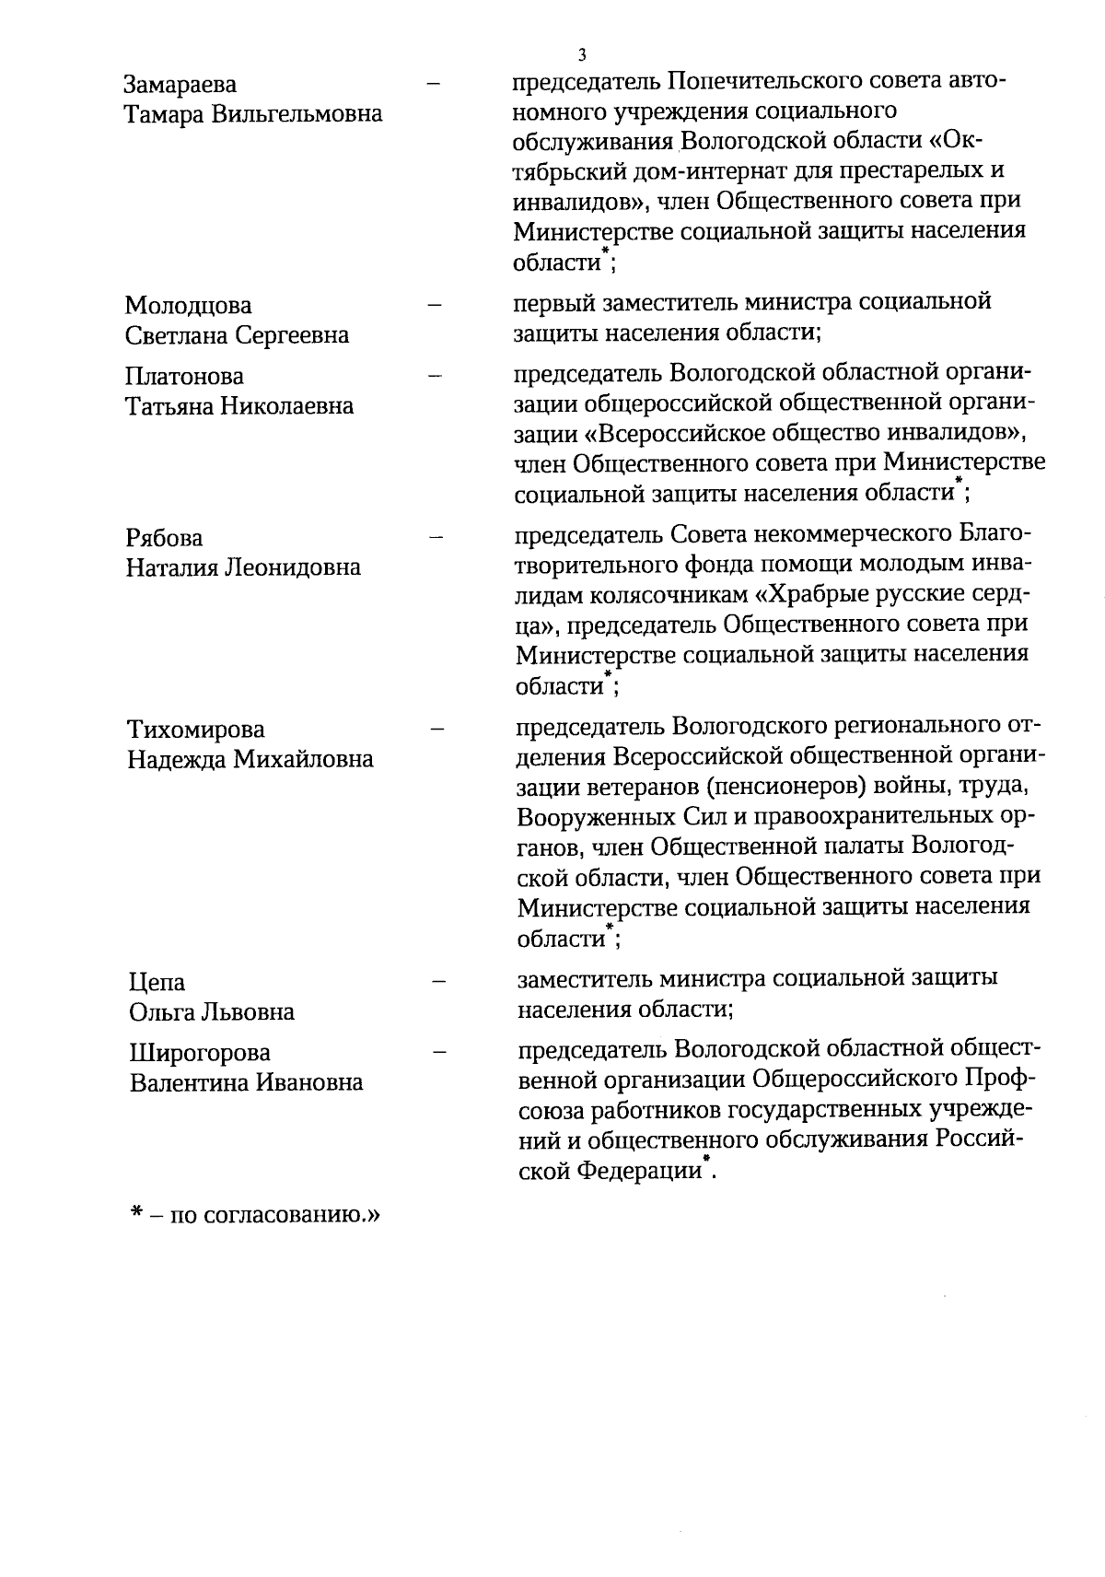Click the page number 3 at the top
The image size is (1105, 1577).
click(x=581, y=53)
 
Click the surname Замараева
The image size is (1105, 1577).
click(x=180, y=85)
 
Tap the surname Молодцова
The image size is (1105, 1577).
click(x=188, y=305)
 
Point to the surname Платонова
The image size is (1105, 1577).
click(x=185, y=376)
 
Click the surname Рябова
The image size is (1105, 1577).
click(x=164, y=537)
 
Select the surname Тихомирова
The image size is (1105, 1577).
click(x=196, y=730)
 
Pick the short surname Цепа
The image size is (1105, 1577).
click(x=157, y=983)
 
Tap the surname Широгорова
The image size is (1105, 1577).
click(x=200, y=1053)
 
